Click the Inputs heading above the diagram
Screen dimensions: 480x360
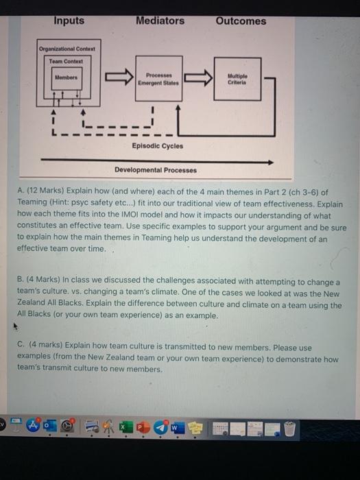click(69, 21)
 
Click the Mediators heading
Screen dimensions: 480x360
click(160, 21)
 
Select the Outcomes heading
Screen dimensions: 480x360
click(241, 21)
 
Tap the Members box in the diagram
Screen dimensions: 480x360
click(66, 77)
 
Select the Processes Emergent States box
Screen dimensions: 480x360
click(158, 78)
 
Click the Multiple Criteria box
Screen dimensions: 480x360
click(237, 78)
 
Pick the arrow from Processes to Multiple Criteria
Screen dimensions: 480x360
click(198, 78)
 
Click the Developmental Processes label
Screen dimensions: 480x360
click(155, 170)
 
